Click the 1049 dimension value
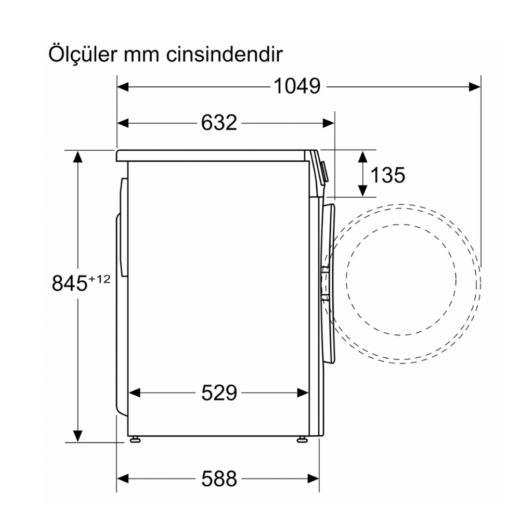pos(297,86)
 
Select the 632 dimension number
pos(219,123)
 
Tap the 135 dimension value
pos(388,175)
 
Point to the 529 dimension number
pos(219,393)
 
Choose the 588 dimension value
pos(219,479)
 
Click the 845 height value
pos(69,283)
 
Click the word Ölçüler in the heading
pos(83,54)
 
